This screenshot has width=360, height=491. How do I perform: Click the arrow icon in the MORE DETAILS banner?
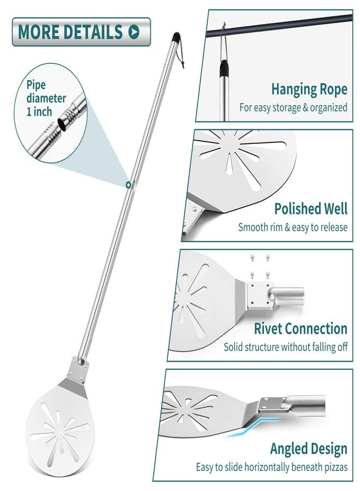pos(134,32)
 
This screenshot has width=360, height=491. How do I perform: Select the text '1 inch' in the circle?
pos(39,112)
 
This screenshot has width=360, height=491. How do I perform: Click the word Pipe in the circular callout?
pos(36,85)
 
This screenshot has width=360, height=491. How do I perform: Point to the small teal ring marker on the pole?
pos(128,185)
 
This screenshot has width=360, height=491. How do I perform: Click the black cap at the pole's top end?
pos(176,37)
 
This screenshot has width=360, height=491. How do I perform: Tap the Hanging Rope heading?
pos(309,90)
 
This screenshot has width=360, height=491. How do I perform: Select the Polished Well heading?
pos(311,208)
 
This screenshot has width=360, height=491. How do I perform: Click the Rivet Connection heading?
pos(301,328)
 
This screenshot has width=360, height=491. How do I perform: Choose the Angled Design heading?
pos(309,449)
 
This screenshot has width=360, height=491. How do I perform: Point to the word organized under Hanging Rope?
pos(329,107)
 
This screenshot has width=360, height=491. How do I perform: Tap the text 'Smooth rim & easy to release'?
pos(293,227)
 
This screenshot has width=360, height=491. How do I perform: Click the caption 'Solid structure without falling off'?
pos(285,347)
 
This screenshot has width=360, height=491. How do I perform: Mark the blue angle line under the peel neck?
pos(250,428)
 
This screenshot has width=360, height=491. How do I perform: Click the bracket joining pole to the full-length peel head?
pos(78,369)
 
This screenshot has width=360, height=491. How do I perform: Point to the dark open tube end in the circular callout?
pos(63,124)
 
